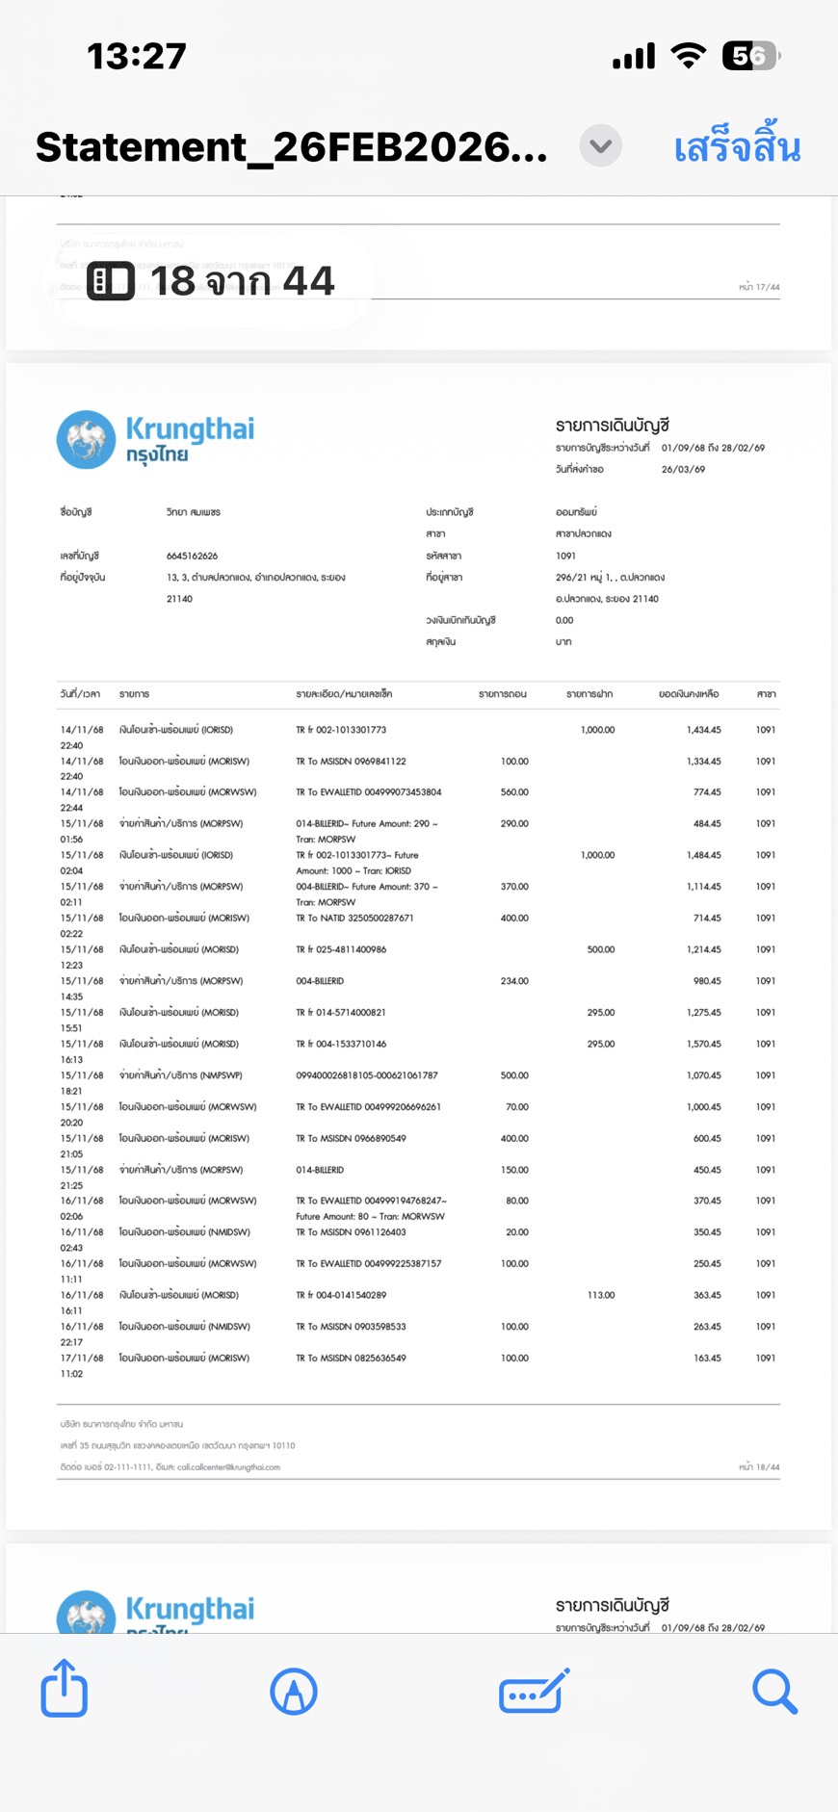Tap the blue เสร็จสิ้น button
point(737,147)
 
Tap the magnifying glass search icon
point(774,1691)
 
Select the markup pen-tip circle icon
point(294,1691)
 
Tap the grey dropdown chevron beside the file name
point(600,146)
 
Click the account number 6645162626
point(192,556)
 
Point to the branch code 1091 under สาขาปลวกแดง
point(565,556)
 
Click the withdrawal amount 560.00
point(514,792)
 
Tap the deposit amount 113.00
point(600,1295)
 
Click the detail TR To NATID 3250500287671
point(354,918)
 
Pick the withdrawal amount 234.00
point(514,981)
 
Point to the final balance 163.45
point(707,1358)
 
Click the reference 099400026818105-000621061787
point(367,1075)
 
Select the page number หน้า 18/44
point(759,1467)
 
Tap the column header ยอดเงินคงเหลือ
point(688,694)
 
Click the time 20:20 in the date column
point(72,1123)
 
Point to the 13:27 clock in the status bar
point(137,56)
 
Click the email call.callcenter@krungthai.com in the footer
point(228,1467)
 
